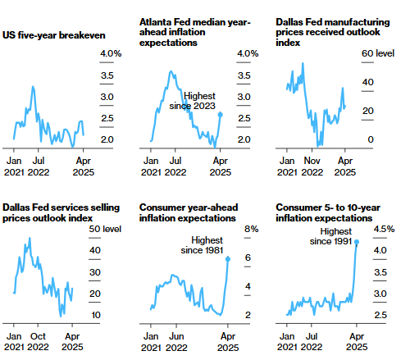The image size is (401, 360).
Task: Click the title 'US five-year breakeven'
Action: coord(54,35)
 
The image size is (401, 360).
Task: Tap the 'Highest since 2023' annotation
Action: coord(193,101)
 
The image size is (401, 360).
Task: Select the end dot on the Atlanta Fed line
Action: coord(221,115)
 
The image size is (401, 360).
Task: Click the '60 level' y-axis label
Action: coord(378,53)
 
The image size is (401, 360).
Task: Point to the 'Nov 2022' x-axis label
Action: coord(312,166)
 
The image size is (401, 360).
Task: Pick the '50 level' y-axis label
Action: coord(105,229)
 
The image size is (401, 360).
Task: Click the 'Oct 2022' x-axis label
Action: coord(38,342)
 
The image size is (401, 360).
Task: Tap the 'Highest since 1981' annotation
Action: coord(202,245)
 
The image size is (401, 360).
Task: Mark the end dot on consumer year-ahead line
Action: coord(228,259)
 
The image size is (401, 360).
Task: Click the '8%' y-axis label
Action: coord(252,229)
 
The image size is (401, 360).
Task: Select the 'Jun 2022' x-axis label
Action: coord(176,342)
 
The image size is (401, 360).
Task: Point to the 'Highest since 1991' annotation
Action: coord(330,236)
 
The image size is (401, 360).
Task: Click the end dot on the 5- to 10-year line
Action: coord(357,242)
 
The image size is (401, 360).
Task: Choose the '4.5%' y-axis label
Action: coord(384,229)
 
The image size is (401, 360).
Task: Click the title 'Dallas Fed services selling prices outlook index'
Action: coord(61,212)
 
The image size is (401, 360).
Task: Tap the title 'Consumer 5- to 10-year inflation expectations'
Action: coord(328,212)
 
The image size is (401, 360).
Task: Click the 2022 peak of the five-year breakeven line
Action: coord(33,87)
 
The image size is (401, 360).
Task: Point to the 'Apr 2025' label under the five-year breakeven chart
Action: coord(84,166)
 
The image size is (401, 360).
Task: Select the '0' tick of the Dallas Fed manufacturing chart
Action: coord(371,139)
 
